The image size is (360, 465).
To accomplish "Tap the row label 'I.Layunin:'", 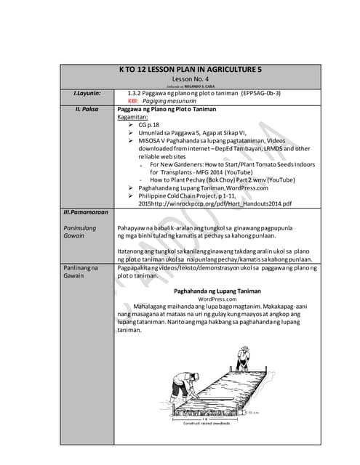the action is pos(87,94).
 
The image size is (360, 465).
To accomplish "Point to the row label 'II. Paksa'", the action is pos(87,108).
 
